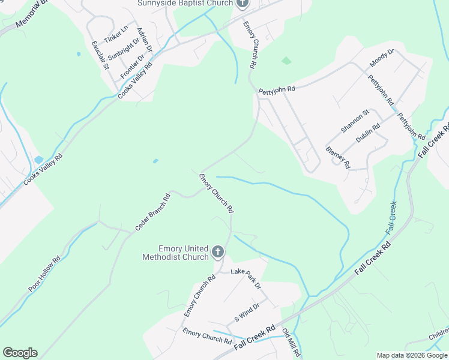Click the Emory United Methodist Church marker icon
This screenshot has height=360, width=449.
218,253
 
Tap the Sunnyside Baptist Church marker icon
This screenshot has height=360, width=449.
242,4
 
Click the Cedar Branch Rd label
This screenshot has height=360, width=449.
152,212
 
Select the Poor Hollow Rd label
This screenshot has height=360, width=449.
44,275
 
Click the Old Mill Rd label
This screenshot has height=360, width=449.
291,343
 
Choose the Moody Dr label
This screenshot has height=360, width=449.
382,58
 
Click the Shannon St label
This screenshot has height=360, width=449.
354,122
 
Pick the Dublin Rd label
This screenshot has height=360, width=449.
368,133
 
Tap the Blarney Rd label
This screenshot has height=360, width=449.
337,157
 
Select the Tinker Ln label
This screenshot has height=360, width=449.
116,34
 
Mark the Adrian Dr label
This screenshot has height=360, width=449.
145,40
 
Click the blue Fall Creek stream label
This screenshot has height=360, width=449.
391,217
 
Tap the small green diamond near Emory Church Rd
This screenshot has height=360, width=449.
286,61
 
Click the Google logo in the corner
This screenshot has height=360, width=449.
20,353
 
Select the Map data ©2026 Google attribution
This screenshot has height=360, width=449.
412,355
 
